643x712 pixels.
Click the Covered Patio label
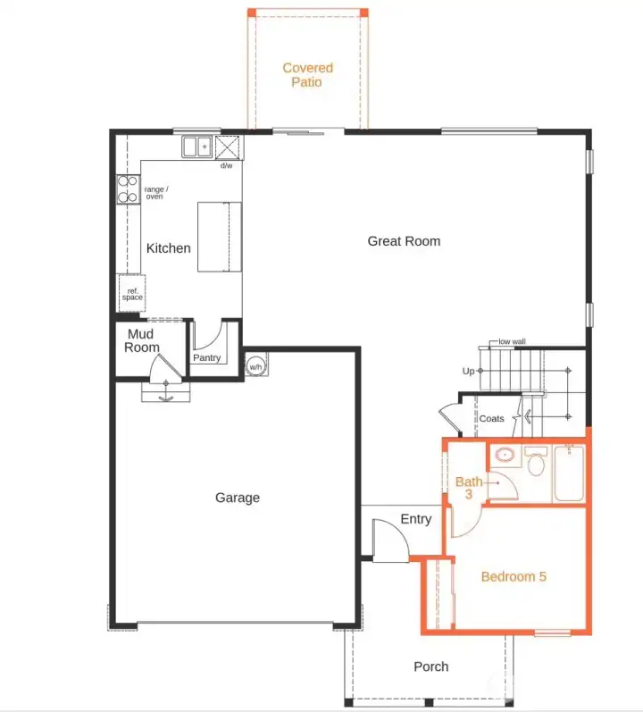click(308, 75)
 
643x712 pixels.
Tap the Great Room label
click(404, 241)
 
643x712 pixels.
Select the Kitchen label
click(169, 248)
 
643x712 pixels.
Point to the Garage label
click(238, 498)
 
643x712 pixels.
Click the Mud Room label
click(141, 340)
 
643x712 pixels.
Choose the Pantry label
click(207, 358)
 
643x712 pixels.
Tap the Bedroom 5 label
click(514, 576)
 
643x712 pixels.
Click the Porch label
click(431, 666)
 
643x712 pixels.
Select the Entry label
click(416, 519)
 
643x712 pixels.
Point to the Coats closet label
click(491, 418)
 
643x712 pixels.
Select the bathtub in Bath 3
click(569, 473)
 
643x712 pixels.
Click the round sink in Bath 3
click(505, 456)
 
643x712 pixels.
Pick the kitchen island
click(220, 236)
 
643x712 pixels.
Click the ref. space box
click(131, 292)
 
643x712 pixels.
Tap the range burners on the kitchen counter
click(128, 189)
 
